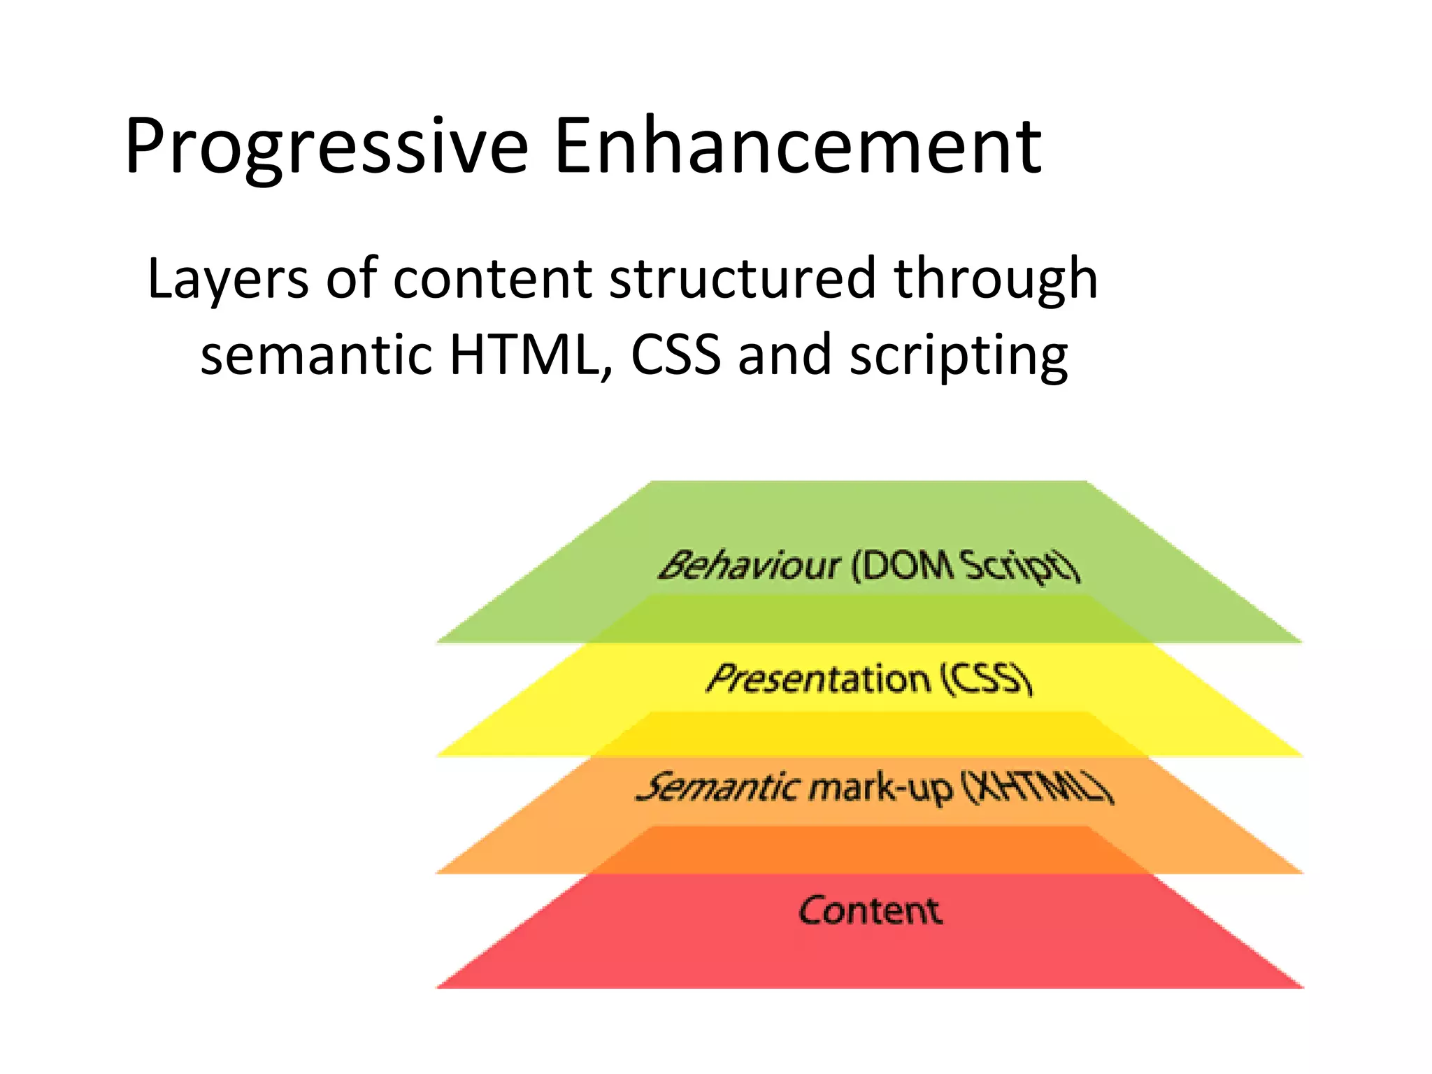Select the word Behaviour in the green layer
click(749, 565)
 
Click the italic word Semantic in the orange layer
click(718, 787)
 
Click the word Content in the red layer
click(870, 910)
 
